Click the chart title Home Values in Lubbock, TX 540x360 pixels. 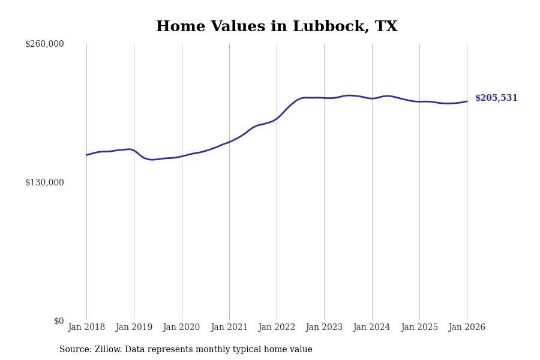click(x=277, y=27)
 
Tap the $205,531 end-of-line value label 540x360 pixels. click(x=496, y=98)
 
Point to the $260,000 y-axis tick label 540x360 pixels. click(x=44, y=44)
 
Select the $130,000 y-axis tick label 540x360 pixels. click(x=44, y=182)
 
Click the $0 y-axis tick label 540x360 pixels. click(x=59, y=321)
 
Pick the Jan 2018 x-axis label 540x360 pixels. click(x=86, y=328)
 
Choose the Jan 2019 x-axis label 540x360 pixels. click(x=134, y=328)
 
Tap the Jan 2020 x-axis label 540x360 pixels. click(x=181, y=328)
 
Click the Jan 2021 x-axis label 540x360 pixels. click(x=229, y=328)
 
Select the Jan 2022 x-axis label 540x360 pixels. click(x=277, y=328)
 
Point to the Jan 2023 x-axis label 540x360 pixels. click(x=324, y=328)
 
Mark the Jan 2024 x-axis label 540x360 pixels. click(x=371, y=328)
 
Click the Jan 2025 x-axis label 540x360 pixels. click(x=419, y=328)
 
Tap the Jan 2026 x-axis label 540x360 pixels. click(x=467, y=328)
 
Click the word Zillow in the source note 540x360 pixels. click(x=108, y=350)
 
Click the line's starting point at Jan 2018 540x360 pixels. click(x=86, y=155)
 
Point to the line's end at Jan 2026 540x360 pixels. click(x=467, y=101)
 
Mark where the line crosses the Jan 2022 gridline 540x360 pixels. click(x=277, y=118)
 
